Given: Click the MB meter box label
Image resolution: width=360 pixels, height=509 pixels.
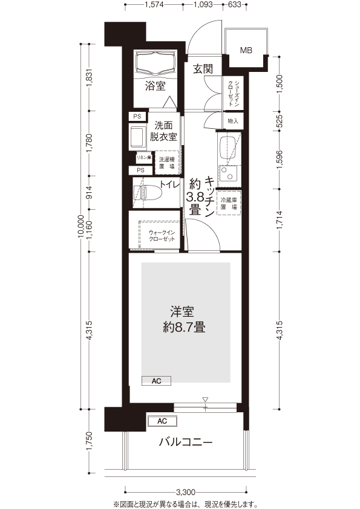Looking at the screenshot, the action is pos(246,50).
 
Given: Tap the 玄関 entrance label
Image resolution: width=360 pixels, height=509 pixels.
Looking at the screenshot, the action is pos(203,69).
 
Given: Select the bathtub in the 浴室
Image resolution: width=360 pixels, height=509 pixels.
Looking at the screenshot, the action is pos(155,63).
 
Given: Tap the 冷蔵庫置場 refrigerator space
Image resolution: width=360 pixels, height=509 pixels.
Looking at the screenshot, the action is pos(229,203).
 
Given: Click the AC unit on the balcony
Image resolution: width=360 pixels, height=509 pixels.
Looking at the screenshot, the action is pos(162,421).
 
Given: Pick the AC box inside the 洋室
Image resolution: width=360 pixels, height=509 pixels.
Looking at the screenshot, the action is pos(156,381).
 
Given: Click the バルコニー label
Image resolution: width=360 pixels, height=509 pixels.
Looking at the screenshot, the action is pos(186,442).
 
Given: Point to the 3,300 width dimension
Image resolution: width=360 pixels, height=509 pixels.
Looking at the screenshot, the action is pos(186,492).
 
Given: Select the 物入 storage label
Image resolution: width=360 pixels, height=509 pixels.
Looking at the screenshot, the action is pos(233,121).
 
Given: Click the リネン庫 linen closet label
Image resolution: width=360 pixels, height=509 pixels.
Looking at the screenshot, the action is pos(144,157).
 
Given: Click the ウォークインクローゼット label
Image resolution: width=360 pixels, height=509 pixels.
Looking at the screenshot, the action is pos(162,236).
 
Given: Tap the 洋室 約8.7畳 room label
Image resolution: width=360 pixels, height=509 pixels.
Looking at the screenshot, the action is pos(183,320).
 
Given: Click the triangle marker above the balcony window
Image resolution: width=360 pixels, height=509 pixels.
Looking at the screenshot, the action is pos(205,399).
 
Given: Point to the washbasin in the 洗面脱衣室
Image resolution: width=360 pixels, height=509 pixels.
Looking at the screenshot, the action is pos(137,137).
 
